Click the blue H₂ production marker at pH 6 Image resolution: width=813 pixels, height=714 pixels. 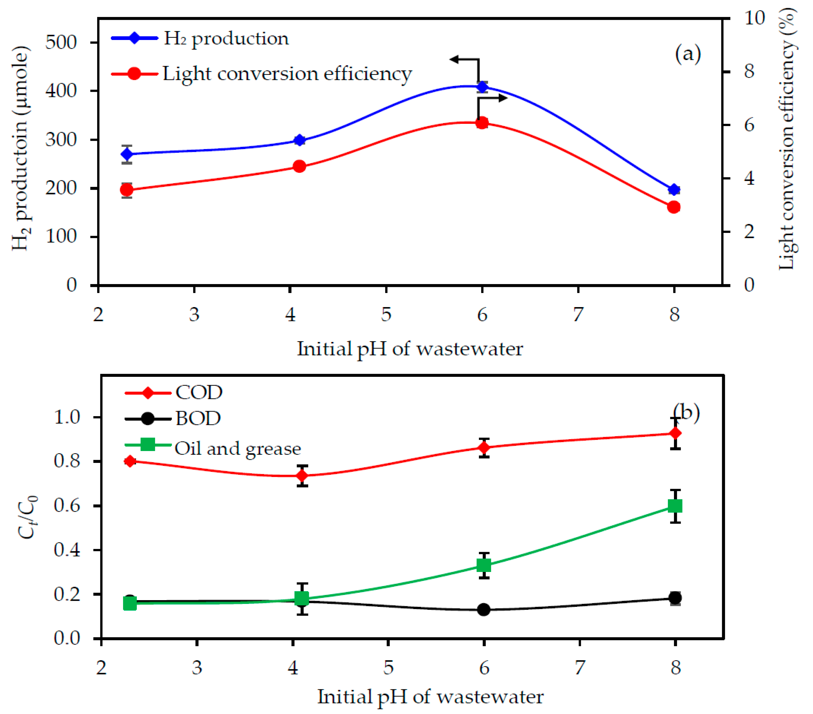click(482, 87)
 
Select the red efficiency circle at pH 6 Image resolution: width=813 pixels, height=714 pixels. click(482, 123)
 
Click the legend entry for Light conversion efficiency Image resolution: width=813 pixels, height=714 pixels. click(286, 74)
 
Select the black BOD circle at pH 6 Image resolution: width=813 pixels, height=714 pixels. click(484, 610)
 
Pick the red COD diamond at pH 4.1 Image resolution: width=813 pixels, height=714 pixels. click(302, 476)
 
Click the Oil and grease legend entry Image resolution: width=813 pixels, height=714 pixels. click(238, 448)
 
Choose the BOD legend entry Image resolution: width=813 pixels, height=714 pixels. click(198, 418)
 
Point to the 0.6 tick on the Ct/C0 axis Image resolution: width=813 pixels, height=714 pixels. click(67, 506)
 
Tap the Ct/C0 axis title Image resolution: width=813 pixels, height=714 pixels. click(28, 517)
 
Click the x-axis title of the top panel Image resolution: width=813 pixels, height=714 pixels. click(410, 349)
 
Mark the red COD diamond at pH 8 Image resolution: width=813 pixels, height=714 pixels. click(675, 433)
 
